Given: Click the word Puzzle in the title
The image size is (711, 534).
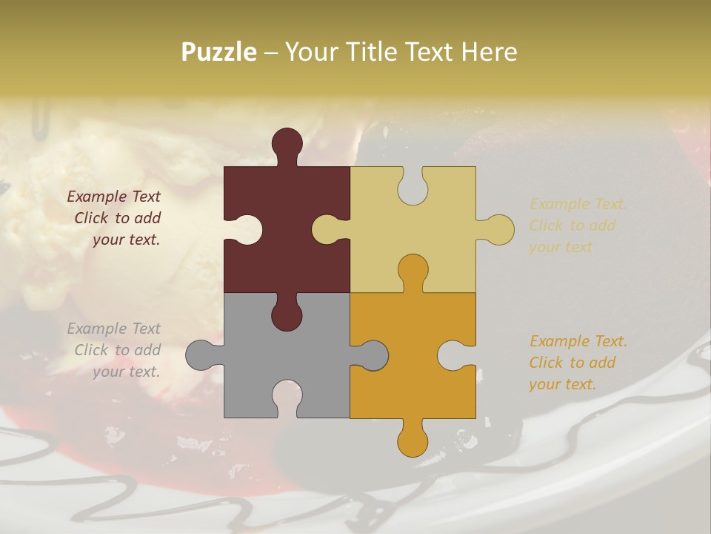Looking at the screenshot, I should (x=219, y=53).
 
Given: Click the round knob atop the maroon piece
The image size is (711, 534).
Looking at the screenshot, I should (x=287, y=143).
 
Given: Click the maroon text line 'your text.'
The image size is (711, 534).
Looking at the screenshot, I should (x=126, y=240).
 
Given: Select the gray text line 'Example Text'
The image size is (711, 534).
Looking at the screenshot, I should (x=113, y=328).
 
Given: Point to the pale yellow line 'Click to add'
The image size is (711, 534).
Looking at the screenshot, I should (x=572, y=225).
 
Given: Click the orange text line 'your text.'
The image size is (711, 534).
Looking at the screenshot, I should (x=562, y=384).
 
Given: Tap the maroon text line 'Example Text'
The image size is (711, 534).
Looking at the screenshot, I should (x=113, y=197).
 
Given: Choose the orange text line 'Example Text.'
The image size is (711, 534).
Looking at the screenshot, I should (x=578, y=341).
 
